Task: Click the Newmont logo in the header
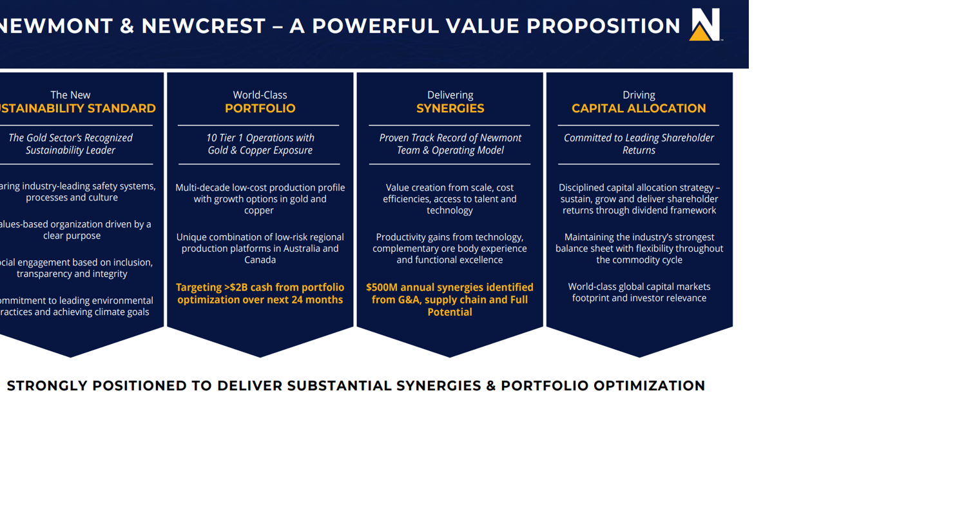tap(705, 25)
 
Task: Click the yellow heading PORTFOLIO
tap(260, 108)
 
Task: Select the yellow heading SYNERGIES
tap(450, 108)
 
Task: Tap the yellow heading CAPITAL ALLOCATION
tap(639, 108)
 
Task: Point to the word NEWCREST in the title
tap(203, 26)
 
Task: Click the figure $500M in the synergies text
tap(382, 287)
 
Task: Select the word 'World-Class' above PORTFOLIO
tap(260, 95)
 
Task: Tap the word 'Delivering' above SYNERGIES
tap(450, 95)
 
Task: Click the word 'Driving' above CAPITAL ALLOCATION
tap(639, 95)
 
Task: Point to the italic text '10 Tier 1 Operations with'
tap(260, 138)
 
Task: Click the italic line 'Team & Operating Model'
tap(450, 150)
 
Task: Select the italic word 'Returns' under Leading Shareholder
tap(639, 150)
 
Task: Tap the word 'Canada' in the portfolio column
tap(260, 260)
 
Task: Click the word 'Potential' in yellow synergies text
tap(450, 312)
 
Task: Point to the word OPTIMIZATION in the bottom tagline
tap(649, 386)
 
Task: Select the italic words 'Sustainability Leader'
tap(70, 150)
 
